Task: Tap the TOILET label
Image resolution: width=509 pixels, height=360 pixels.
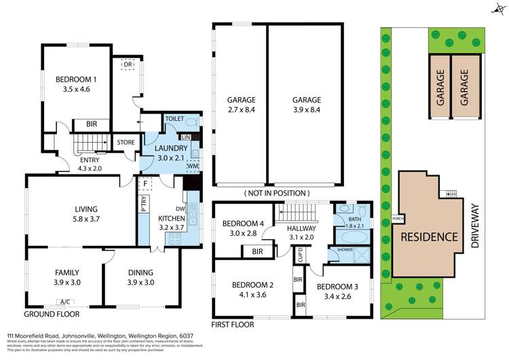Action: pyautogui.click(x=176, y=118)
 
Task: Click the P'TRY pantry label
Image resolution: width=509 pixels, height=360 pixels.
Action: pyautogui.click(x=144, y=206)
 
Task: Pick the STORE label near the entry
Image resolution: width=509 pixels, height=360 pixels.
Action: pyautogui.click(x=125, y=143)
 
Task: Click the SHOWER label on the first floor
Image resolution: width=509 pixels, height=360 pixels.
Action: pyautogui.click(x=336, y=250)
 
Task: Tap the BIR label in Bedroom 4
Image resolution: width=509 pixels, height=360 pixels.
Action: pyautogui.click(x=257, y=252)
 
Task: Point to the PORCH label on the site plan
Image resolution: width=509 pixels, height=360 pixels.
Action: pyautogui.click(x=398, y=218)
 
